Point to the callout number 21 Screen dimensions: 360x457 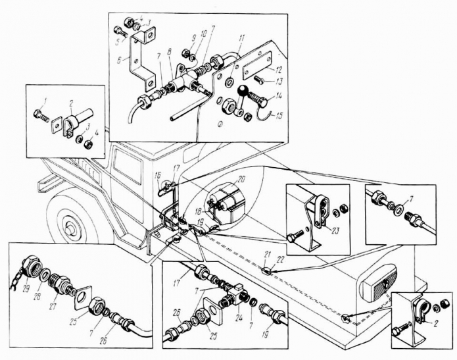click(x=267, y=254)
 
